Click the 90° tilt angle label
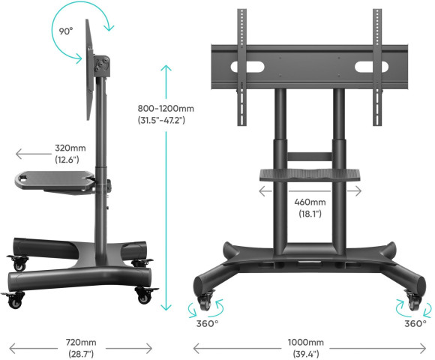[x=67, y=31]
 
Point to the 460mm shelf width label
[x=310, y=208]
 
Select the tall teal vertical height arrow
[x=167, y=187]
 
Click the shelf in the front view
[x=310, y=174]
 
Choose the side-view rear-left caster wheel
[x=17, y=264]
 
